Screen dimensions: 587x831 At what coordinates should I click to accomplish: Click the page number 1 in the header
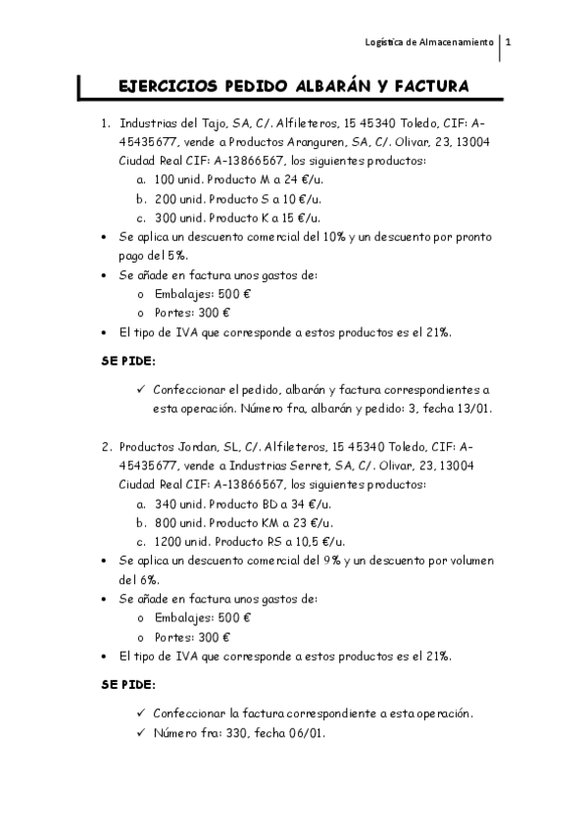(509, 43)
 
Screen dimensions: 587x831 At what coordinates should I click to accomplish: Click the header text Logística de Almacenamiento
(429, 43)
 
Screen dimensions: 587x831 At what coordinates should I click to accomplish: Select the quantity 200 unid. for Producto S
(175, 199)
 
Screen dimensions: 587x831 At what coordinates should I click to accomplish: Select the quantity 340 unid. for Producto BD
(175, 504)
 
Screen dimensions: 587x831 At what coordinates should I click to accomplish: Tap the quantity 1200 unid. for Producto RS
(179, 541)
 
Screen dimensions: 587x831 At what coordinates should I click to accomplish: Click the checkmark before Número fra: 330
(143, 732)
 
